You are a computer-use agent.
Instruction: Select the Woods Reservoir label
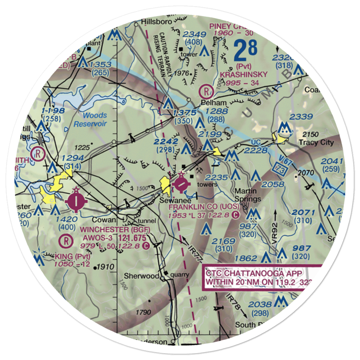pos(90,120)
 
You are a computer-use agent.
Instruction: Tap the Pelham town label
pos(210,102)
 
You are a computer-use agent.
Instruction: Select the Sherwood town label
pos(136,276)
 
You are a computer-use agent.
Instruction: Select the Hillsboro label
pos(155,21)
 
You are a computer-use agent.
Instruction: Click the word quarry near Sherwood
pos(179,275)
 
